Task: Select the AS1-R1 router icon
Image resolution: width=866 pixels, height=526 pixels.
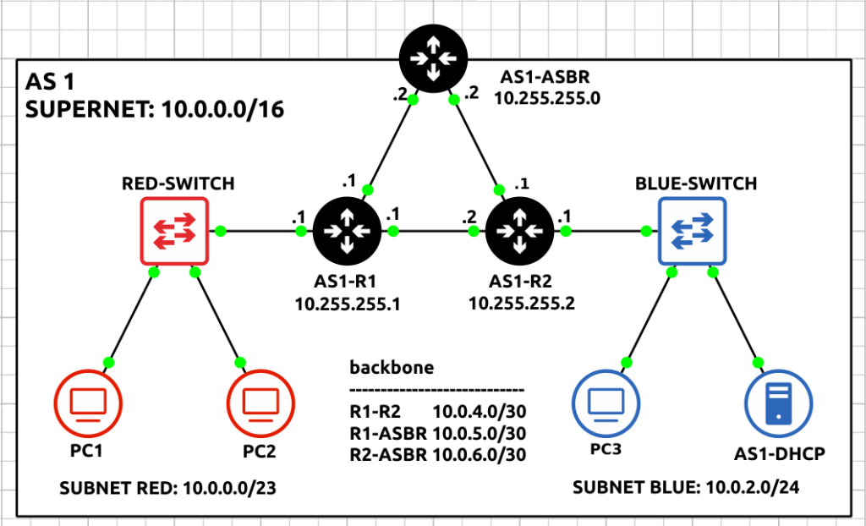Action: pyautogui.click(x=348, y=230)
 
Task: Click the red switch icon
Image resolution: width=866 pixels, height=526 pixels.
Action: pyautogui.click(x=174, y=231)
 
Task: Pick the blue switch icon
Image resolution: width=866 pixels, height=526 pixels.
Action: pyautogui.click(x=692, y=231)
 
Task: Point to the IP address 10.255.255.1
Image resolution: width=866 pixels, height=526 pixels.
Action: pyautogui.click(x=346, y=304)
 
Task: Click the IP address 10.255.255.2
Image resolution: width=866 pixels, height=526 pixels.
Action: pyautogui.click(x=522, y=304)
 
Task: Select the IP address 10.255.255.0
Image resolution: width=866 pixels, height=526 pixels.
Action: pyautogui.click(x=547, y=97)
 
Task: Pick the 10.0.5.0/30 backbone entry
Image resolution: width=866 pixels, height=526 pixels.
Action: pyautogui.click(x=480, y=433)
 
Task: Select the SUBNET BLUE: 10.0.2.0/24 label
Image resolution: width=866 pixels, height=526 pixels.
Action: pyautogui.click(x=686, y=488)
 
